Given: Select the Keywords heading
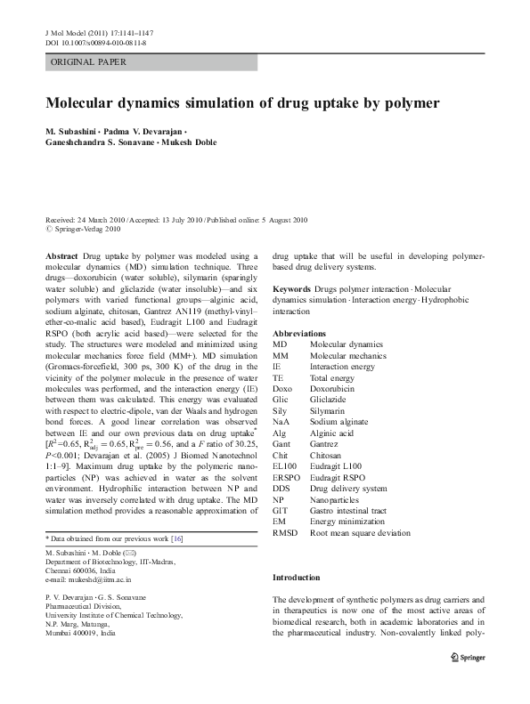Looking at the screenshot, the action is click(x=291, y=290).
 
